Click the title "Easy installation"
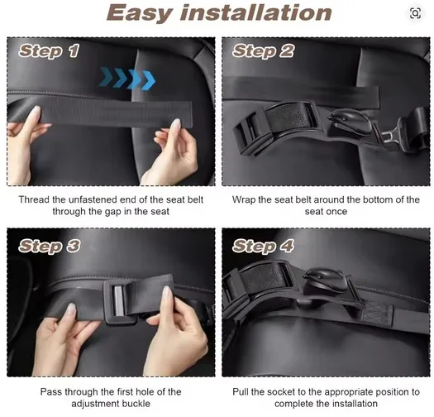pyautogui.click(x=219, y=13)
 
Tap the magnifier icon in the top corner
pyautogui.click(x=415, y=13)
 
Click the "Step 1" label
pyautogui.click(x=49, y=51)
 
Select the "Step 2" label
pyautogui.click(x=263, y=51)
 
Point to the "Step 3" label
pyautogui.click(x=50, y=246)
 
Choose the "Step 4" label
pyautogui.click(x=263, y=246)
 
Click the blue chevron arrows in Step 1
pyautogui.click(x=127, y=79)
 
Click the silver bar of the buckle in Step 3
pyautogui.click(x=119, y=300)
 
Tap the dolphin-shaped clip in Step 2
pyautogui.click(x=350, y=121)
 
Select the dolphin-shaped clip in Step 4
pyautogui.click(x=327, y=280)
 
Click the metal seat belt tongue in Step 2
pyautogui.click(x=389, y=137)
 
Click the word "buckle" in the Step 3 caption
pyautogui.click(x=136, y=404)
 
